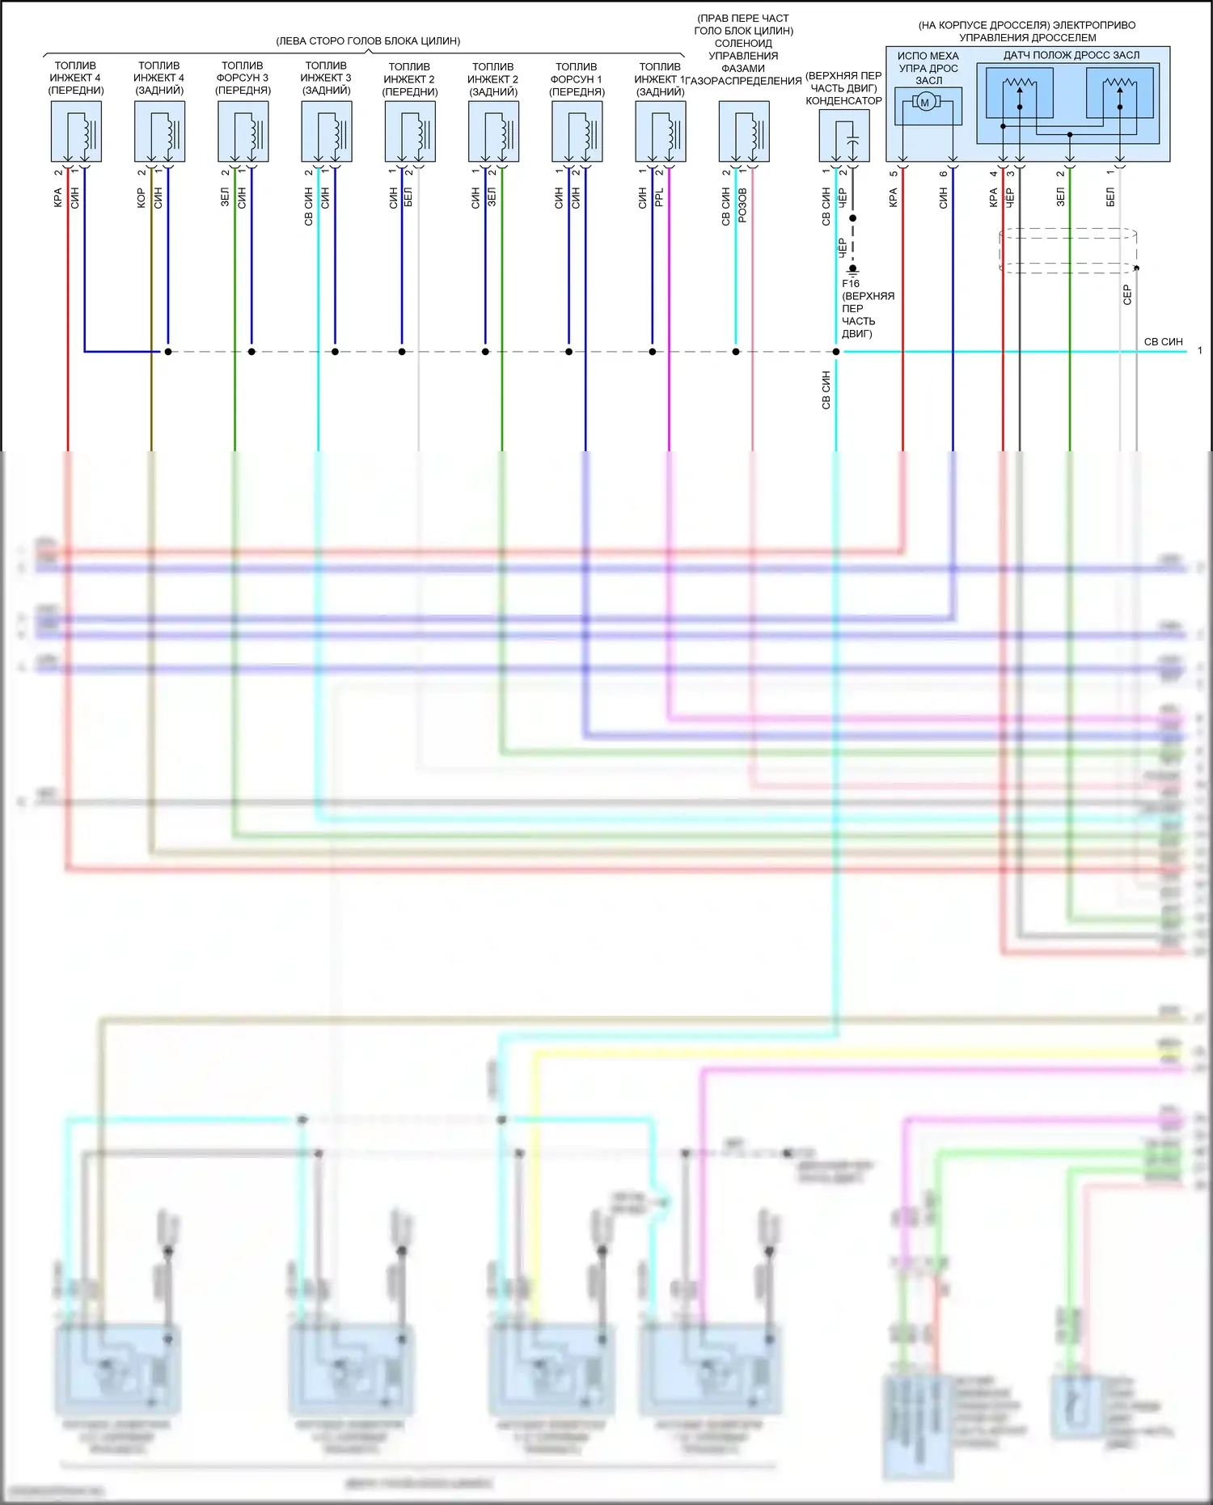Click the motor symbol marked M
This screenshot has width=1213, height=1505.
[x=926, y=102]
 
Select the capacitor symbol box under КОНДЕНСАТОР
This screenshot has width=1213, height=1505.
[x=844, y=136]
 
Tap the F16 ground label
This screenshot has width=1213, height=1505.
[x=851, y=284]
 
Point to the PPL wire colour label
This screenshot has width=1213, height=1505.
[x=659, y=198]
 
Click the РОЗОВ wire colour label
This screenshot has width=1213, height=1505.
[x=742, y=205]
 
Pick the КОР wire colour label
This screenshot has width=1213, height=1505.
[x=142, y=198]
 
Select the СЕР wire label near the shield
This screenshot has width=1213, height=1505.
[x=1127, y=294]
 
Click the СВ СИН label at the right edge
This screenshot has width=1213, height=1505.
[x=1163, y=342]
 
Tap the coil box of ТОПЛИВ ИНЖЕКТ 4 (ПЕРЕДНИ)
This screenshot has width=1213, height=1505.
[x=76, y=132]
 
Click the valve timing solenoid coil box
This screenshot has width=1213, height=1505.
[x=744, y=132]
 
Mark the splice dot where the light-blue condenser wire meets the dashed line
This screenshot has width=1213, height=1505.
[x=836, y=352]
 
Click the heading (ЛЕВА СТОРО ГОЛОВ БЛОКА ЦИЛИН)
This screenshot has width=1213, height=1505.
[x=368, y=40]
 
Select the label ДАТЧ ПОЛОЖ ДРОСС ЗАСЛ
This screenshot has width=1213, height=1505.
[x=1071, y=55]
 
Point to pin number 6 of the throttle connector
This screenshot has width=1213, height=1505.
[x=943, y=173]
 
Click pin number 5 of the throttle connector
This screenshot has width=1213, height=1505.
[x=893, y=173]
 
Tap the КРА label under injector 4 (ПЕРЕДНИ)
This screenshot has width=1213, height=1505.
[x=58, y=198]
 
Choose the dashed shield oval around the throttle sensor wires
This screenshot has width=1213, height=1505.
[x=1067, y=250]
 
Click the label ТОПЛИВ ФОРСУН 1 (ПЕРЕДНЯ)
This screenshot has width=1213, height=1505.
[x=577, y=79]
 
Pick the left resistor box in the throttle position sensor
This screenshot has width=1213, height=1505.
[x=1020, y=93]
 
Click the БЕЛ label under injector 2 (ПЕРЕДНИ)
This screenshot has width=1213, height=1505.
[x=408, y=198]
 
